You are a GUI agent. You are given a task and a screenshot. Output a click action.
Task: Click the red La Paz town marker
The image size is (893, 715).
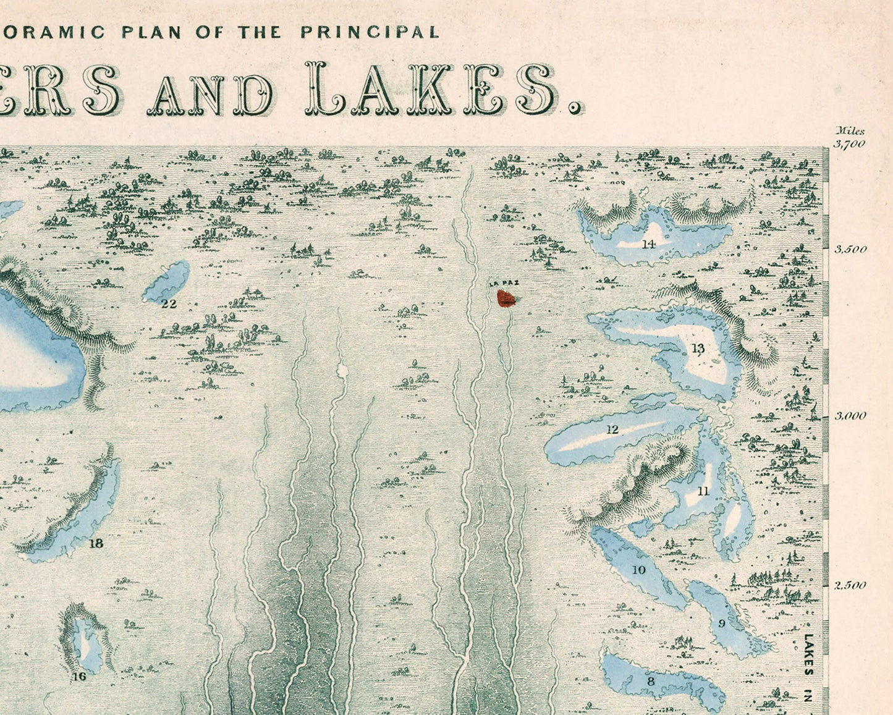507,299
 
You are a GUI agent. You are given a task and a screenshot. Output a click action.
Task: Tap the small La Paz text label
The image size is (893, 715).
504,284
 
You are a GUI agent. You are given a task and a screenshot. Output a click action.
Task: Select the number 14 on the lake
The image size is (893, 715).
648,244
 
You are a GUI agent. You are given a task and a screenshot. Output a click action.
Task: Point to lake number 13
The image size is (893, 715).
698,349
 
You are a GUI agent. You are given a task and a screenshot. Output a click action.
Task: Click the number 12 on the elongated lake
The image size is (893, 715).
612,429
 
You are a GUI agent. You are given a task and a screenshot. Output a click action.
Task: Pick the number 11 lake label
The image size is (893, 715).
703,492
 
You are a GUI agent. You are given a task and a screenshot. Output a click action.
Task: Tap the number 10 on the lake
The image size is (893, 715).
639,570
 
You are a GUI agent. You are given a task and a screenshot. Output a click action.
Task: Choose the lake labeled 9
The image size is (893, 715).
721,624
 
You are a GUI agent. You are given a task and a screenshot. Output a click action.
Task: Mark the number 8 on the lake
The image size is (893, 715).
650,682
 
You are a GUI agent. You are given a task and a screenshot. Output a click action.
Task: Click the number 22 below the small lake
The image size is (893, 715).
169,303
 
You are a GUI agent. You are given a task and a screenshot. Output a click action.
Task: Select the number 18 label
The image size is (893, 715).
96,544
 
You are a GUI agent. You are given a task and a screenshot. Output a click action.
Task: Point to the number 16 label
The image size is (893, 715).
78,677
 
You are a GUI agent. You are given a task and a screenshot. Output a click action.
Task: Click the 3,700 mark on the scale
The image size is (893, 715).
850,145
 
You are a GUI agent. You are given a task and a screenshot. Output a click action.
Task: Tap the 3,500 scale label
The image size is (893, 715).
850,250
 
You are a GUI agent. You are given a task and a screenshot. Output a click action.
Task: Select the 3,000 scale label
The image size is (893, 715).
850,416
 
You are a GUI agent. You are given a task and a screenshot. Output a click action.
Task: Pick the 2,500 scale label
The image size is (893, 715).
850,585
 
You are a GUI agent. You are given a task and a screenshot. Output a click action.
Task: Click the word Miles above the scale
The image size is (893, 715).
850,131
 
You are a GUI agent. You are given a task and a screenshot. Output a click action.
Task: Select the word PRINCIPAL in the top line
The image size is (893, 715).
370,33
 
